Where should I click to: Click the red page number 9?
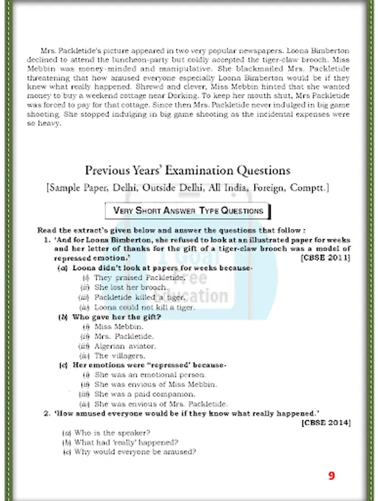(331, 475)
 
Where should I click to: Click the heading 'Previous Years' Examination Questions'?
(187, 170)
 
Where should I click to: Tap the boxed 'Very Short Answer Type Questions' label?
(188, 211)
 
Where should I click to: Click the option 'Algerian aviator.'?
(125, 346)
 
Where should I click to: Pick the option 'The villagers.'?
(120, 355)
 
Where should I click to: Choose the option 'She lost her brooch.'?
(131, 287)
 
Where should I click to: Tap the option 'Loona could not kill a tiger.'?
(145, 307)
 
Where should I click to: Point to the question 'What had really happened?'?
(126, 442)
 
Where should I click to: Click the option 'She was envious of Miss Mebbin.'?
(156, 384)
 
